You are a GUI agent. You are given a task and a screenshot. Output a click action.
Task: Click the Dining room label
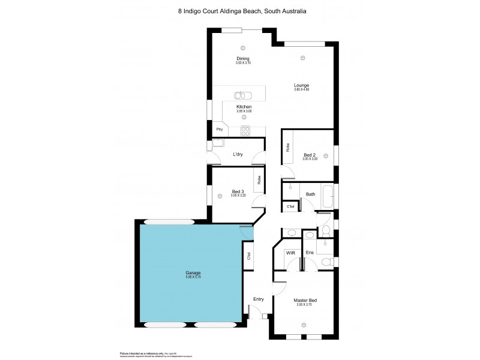click(x=242, y=58)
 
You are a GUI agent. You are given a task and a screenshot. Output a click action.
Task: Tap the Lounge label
click(x=301, y=85)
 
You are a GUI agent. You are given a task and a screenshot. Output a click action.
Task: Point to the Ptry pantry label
click(x=220, y=130)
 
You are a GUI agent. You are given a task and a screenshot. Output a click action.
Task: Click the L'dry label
click(x=238, y=155)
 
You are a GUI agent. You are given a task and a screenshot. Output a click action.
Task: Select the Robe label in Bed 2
click(x=289, y=148)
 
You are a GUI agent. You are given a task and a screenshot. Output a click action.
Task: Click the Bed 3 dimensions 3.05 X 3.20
click(x=238, y=196)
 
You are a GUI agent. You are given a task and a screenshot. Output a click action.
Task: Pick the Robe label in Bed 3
click(x=259, y=179)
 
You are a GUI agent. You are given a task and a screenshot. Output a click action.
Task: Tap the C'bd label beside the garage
click(x=248, y=256)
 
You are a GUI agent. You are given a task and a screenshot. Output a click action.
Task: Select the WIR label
click(x=290, y=253)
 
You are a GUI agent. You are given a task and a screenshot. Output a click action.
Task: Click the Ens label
click(x=310, y=253)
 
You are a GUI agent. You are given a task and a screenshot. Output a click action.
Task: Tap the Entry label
click(x=259, y=299)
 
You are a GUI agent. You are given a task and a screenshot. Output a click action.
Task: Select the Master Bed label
click(x=305, y=300)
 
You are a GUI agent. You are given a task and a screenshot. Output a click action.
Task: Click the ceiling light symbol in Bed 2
click(x=325, y=155)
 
